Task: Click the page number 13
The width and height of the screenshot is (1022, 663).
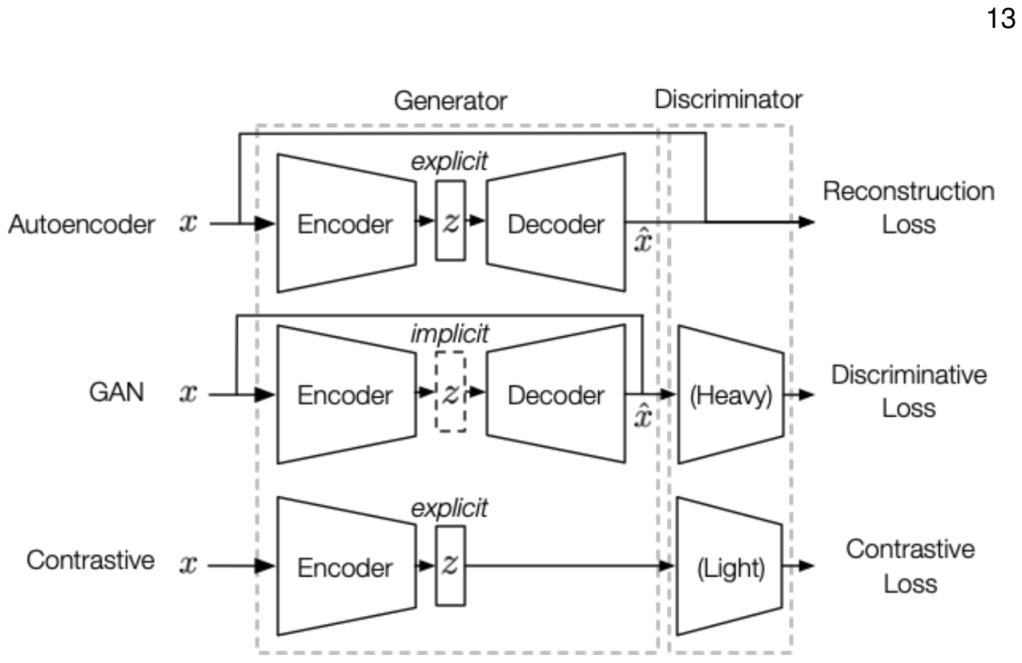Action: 1001,18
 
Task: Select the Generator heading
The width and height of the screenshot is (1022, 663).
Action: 450,100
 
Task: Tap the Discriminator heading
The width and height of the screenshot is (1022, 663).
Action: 728,99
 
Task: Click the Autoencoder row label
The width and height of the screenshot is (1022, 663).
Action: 81,224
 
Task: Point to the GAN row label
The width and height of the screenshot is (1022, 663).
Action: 116,392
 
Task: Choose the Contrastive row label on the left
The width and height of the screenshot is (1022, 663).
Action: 90,560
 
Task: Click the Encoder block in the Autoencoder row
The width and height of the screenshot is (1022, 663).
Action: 345,223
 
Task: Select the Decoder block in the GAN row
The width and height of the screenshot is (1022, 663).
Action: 556,395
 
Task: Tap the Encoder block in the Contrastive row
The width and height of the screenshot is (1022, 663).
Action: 345,566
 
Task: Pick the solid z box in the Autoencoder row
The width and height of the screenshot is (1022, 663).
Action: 450,221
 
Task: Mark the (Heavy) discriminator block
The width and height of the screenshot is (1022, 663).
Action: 731,395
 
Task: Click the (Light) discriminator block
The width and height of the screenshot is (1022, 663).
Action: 731,567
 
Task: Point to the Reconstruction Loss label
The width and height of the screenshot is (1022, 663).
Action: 908,208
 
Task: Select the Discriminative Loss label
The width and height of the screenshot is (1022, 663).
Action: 908,391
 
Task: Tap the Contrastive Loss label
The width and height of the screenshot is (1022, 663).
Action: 910,565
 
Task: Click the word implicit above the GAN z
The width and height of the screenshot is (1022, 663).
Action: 449,334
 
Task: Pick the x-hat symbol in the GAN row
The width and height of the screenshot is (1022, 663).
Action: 643,416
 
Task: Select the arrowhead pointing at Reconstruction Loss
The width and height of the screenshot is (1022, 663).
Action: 807,221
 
